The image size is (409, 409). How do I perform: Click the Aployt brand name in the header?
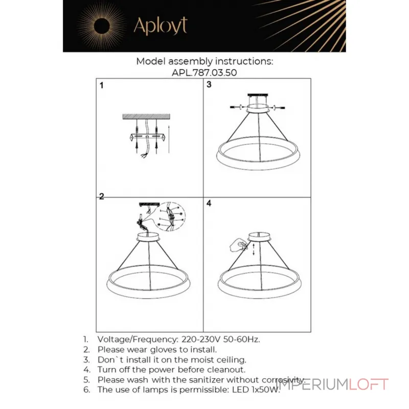point(161,26)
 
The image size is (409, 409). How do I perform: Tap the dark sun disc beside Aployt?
point(101,26)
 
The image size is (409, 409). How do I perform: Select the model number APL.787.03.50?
point(204,73)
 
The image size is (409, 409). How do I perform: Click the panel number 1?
point(101,85)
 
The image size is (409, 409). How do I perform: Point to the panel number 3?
point(209,84)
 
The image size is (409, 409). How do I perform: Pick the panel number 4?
point(209,203)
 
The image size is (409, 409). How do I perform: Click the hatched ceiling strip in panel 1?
point(146,117)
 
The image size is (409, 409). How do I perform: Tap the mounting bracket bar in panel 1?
point(147,137)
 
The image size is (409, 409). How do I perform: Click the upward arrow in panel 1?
point(169,139)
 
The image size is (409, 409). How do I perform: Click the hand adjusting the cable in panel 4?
point(238,245)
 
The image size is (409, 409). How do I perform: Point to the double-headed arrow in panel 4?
point(254,249)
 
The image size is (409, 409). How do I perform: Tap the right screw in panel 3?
point(278,107)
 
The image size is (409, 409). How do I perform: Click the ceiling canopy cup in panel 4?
point(259,236)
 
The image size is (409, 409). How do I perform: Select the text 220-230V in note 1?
point(201,339)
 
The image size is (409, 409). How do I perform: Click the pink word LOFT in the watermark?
point(369,384)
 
